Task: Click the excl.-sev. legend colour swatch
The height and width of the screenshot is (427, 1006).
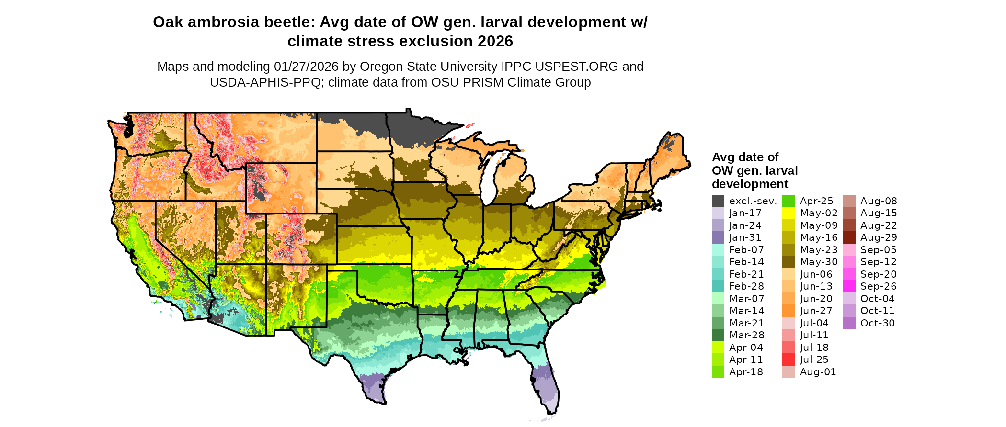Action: (x=718, y=201)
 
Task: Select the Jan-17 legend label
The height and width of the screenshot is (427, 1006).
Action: (x=745, y=213)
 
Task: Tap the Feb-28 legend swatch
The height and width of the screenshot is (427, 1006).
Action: (x=718, y=286)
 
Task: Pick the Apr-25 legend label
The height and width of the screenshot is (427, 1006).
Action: (x=816, y=201)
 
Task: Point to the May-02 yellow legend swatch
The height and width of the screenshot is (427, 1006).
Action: (x=788, y=213)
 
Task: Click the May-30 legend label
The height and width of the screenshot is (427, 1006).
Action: (x=818, y=262)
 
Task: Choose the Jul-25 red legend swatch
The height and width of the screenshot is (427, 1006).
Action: (x=788, y=360)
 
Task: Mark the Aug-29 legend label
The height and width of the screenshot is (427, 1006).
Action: (x=879, y=237)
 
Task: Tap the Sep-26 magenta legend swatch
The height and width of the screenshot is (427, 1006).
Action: (x=849, y=286)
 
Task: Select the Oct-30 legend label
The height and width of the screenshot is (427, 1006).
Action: (x=877, y=323)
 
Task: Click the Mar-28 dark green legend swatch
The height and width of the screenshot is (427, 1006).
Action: (x=718, y=335)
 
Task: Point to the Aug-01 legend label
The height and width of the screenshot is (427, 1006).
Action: (x=818, y=372)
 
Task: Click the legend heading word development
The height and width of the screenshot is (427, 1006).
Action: (x=750, y=184)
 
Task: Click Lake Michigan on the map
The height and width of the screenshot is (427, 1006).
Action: (x=489, y=177)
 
